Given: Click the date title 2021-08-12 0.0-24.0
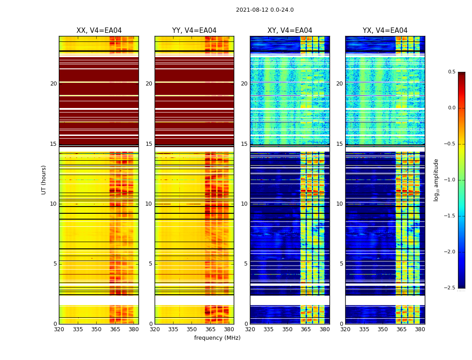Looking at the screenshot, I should coord(265,10).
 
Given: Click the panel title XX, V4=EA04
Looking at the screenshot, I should coord(99,31).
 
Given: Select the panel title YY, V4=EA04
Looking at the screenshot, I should coord(194,31).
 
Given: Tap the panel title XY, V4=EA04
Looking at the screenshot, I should coord(290,31).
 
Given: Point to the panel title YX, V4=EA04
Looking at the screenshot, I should coord(385,31).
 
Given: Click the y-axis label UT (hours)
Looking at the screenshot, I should coord(44,180).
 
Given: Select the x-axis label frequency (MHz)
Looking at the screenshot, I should coord(217,338).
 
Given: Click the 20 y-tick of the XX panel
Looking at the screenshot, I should coord(53,84).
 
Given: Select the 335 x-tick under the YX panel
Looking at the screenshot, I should coord(364,329).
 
